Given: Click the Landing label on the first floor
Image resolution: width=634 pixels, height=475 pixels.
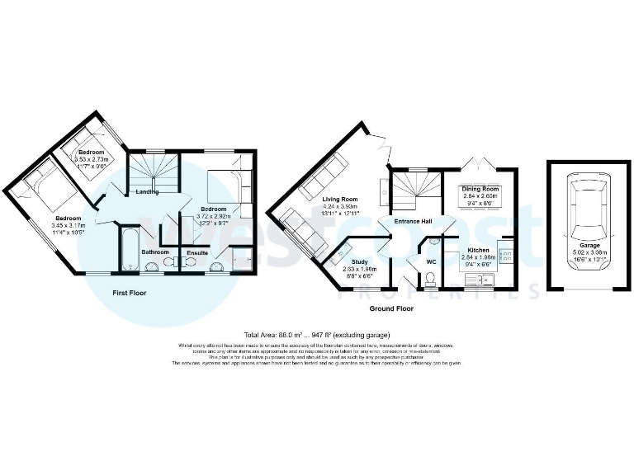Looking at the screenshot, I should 148,193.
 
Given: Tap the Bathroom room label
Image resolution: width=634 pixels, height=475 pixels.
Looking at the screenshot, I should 155,252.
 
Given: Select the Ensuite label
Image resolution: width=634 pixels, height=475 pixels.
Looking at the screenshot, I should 196,252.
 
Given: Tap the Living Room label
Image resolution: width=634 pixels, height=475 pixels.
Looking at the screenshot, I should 339,200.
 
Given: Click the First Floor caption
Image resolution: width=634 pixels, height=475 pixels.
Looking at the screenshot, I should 133,292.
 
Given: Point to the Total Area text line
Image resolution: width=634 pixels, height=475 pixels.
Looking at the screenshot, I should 316,335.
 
